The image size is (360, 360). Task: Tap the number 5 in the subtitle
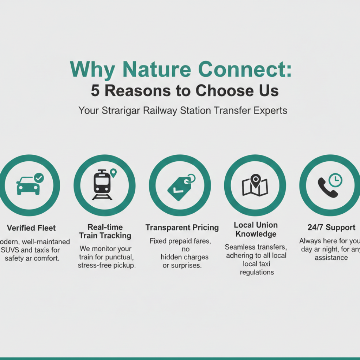[95, 91]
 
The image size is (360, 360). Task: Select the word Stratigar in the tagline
[121, 110]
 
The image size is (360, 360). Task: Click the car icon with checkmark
[29, 185]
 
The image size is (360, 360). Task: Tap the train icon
[102, 185]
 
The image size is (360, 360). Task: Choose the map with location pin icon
[255, 186]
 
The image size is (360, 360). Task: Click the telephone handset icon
[327, 187]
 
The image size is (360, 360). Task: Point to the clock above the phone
[336, 180]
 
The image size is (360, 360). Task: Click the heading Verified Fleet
[31, 228]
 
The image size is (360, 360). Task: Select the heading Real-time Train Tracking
[105, 231]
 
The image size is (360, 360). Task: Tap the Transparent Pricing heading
[182, 227]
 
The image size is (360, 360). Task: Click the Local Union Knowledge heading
[256, 229]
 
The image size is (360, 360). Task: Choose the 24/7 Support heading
[331, 227]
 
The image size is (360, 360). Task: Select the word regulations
[257, 272]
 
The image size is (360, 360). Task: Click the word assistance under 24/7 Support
[331, 257]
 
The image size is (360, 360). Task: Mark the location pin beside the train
[113, 173]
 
